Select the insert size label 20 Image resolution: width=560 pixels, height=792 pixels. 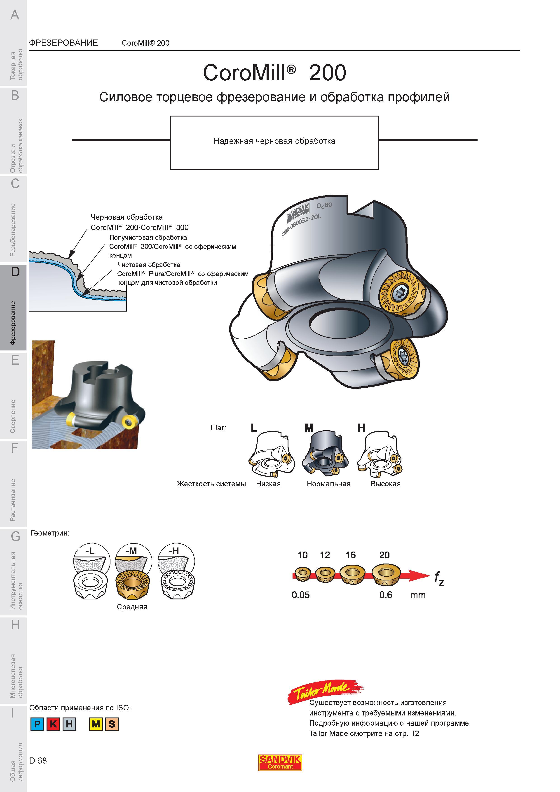[384, 555]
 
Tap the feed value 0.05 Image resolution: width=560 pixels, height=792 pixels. [300, 595]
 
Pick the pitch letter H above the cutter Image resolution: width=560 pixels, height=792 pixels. [361, 428]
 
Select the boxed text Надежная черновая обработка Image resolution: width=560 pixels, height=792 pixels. [274, 141]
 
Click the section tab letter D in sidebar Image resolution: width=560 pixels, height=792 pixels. [15, 272]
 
